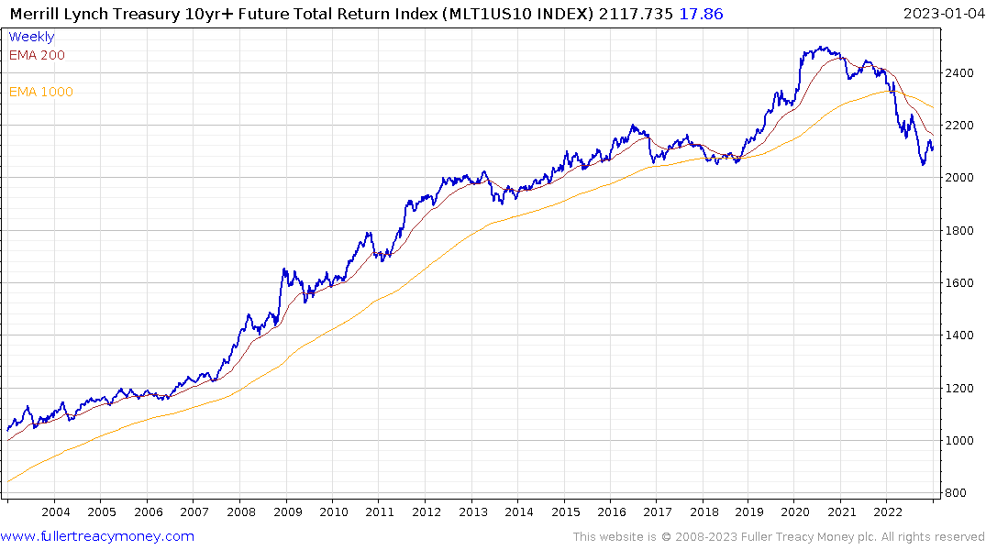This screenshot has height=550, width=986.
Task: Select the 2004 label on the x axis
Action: (55, 511)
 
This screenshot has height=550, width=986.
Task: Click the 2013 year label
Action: (472, 511)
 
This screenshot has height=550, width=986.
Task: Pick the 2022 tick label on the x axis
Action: (888, 511)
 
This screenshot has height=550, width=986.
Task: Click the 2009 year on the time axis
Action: (287, 511)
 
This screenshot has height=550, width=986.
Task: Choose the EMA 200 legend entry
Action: (37, 55)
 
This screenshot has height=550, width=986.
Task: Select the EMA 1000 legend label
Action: (41, 92)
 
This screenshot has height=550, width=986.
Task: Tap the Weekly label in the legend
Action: (31, 37)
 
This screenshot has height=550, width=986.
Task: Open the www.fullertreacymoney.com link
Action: (97, 536)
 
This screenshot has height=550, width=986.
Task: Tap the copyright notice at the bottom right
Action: (779, 536)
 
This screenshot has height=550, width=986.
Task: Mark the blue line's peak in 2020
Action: (819, 48)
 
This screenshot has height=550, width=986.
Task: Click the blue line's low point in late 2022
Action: (924, 165)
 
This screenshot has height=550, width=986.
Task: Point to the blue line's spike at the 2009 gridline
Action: (284, 269)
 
